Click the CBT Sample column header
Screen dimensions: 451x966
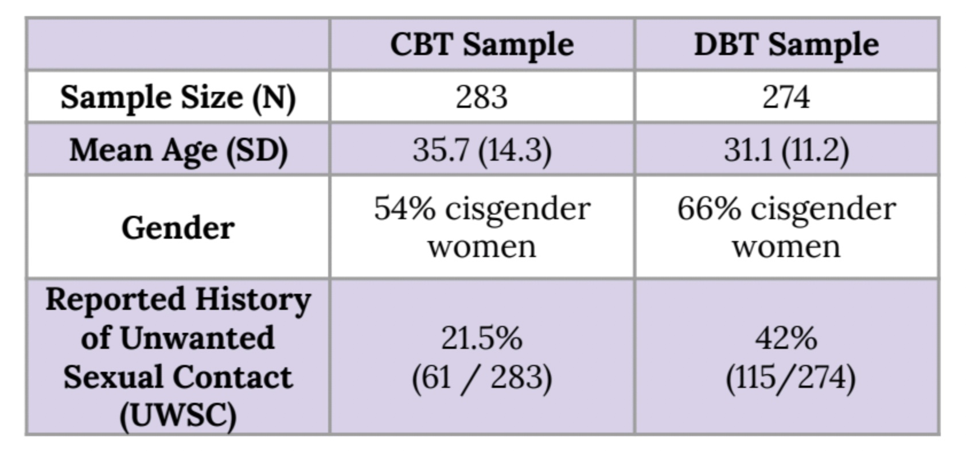point(482,44)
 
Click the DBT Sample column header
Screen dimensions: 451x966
point(786,44)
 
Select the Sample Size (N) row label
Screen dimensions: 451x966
point(178,97)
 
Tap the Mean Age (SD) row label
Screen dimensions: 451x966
point(178,150)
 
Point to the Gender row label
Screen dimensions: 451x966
point(178,228)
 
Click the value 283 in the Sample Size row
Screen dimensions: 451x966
point(482,97)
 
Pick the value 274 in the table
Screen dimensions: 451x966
point(786,97)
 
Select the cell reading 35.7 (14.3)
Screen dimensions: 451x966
point(482,150)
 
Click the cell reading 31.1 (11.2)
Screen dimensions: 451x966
point(786,150)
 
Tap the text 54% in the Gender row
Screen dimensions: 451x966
point(404,208)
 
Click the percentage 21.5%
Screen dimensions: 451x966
point(482,338)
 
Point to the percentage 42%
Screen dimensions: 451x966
point(786,338)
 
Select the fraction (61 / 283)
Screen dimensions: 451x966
point(482,378)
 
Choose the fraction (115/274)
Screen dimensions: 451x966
point(790,378)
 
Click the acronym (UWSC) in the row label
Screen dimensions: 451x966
point(178,415)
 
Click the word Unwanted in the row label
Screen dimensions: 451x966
point(197,338)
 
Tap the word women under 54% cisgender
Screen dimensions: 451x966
point(482,247)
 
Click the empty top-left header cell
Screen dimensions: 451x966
point(178,44)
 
